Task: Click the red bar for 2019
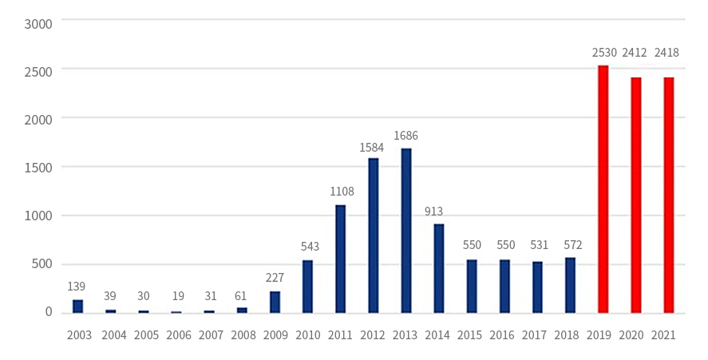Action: pos(603,189)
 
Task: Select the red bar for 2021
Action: pos(669,195)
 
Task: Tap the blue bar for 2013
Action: pos(406,231)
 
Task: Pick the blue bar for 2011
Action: pos(341,259)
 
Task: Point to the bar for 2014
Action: pos(439,268)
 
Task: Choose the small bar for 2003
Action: pos(77,306)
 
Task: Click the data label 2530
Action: pos(604,53)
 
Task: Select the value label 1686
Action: pos(405,136)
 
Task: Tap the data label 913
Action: pos(433,212)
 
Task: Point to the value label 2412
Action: pos(635,53)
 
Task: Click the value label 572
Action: pos(569,245)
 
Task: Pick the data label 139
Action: pos(77,286)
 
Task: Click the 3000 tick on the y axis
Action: pos(38,23)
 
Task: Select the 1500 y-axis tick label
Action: pos(38,167)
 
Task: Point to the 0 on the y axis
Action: pos(48,311)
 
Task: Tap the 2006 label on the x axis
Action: pos(178,335)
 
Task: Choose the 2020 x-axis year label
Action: pos(635,335)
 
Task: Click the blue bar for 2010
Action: pos(308,286)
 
